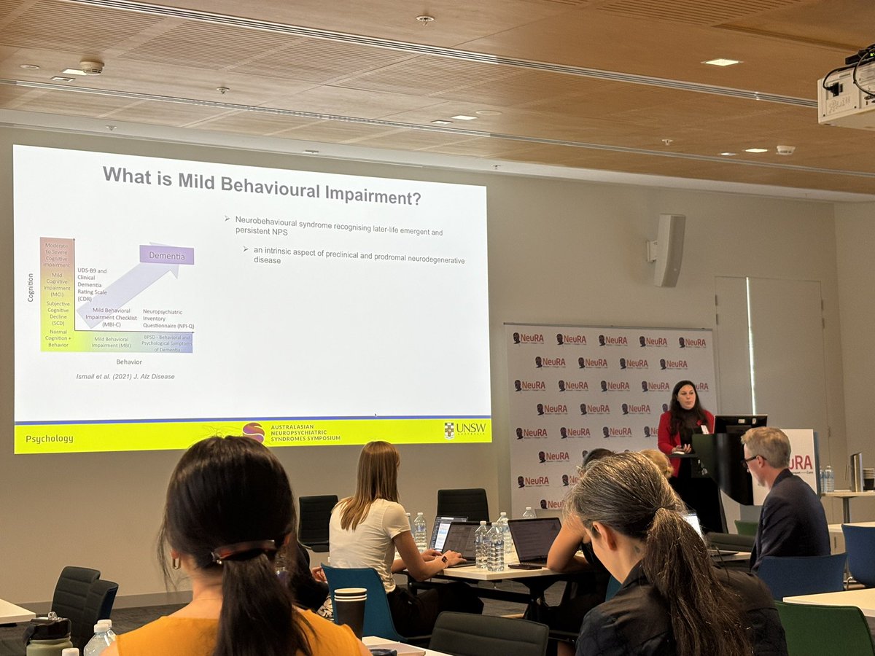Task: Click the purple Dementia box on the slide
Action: click(167, 255)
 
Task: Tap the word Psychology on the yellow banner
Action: click(50, 439)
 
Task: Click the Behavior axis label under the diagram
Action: click(129, 362)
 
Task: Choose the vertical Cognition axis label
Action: click(31, 287)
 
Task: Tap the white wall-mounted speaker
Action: click(668, 249)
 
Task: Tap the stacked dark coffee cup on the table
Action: click(350, 609)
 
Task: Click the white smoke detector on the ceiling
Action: click(92, 67)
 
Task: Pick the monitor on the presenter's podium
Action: click(739, 423)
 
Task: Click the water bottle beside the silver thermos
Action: click(828, 479)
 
